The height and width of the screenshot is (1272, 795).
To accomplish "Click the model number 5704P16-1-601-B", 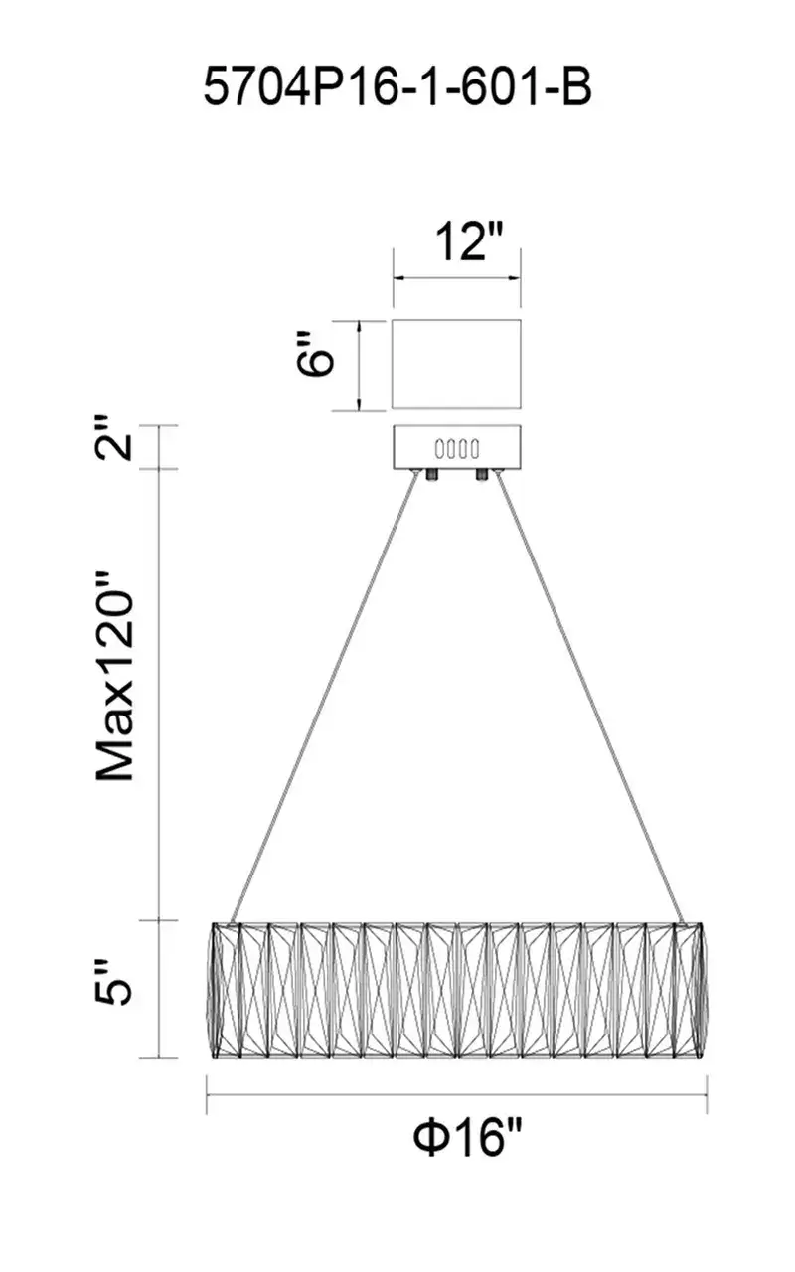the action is tap(398, 86).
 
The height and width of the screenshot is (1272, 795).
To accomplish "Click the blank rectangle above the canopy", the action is tap(456, 364).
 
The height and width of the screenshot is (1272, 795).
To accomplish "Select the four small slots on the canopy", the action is tap(456, 448).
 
